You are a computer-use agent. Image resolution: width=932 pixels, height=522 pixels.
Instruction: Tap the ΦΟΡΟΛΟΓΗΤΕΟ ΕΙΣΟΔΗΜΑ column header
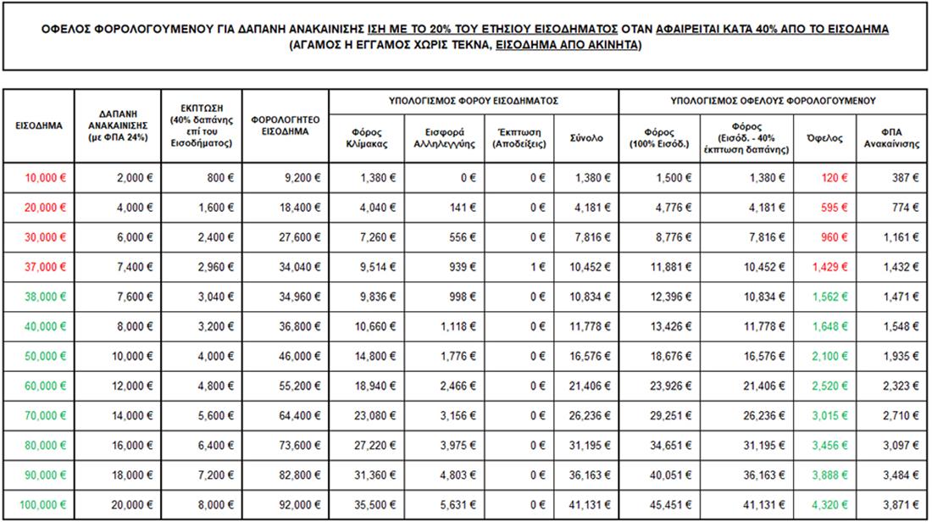pyautogui.click(x=284, y=126)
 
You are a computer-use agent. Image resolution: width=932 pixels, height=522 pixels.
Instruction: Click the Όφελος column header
pyautogui.click(x=824, y=138)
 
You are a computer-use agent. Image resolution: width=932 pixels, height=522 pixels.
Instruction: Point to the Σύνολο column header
pyautogui.click(x=585, y=138)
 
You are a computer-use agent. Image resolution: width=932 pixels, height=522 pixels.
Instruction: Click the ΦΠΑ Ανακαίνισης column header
pyautogui.click(x=892, y=138)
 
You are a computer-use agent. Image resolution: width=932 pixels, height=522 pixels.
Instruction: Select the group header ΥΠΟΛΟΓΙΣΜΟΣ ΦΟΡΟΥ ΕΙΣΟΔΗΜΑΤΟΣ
pyautogui.click(x=474, y=101)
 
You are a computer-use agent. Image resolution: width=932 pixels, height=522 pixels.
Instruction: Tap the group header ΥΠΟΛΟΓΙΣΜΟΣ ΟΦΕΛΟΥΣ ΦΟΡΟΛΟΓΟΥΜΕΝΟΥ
pyautogui.click(x=773, y=101)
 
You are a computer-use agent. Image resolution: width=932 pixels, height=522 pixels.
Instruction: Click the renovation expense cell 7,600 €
pyautogui.click(x=133, y=297)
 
